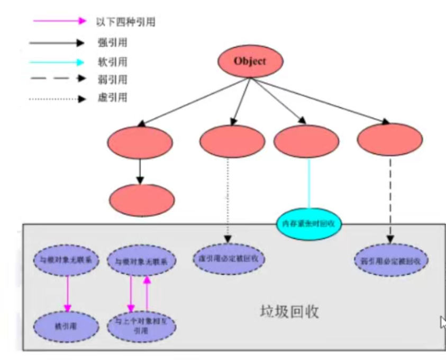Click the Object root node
[250, 61]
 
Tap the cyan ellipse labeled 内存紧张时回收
[308, 223]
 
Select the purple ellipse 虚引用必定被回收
[229, 259]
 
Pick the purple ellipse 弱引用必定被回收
[391, 260]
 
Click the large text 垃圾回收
[290, 311]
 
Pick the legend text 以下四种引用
[127, 22]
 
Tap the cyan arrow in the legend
[58, 62]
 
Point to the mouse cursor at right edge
[442, 322]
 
